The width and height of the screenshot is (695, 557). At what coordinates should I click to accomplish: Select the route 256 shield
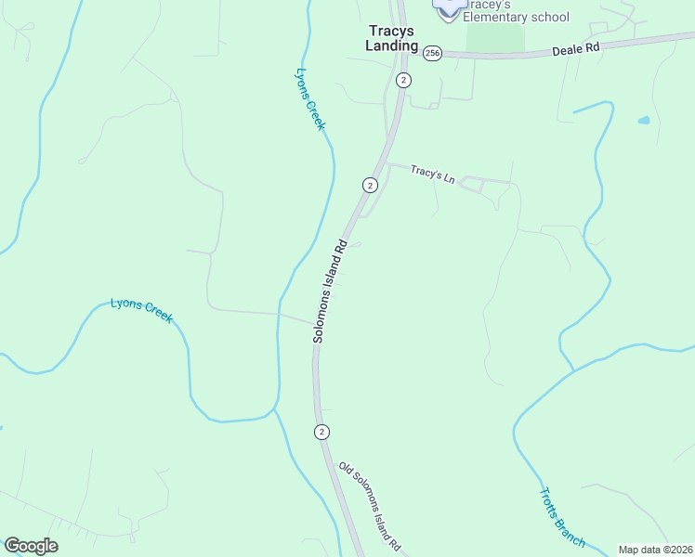(x=432, y=54)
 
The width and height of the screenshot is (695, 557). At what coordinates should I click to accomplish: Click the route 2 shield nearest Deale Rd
(x=402, y=80)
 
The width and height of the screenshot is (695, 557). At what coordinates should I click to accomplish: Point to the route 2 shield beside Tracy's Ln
(x=370, y=185)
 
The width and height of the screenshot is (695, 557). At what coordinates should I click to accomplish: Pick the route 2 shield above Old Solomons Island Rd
(x=321, y=432)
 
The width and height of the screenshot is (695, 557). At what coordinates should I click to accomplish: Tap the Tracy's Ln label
(x=432, y=174)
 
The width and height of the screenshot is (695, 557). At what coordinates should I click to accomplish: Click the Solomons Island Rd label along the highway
(x=330, y=291)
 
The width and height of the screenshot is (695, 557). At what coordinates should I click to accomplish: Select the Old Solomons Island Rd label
(x=369, y=504)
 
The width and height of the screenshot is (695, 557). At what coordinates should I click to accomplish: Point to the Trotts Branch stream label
(x=562, y=517)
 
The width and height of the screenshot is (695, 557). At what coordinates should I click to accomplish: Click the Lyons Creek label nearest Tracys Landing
(x=309, y=98)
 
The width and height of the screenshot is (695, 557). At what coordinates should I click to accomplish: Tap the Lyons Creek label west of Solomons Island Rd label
(x=141, y=309)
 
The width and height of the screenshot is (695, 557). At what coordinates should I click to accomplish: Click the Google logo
(x=31, y=546)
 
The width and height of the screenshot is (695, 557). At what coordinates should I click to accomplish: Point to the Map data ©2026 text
(x=654, y=550)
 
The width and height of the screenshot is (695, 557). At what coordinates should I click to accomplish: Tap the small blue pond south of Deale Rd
(x=643, y=120)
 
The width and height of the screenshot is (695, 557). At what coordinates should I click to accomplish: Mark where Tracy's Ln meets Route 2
(x=385, y=164)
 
